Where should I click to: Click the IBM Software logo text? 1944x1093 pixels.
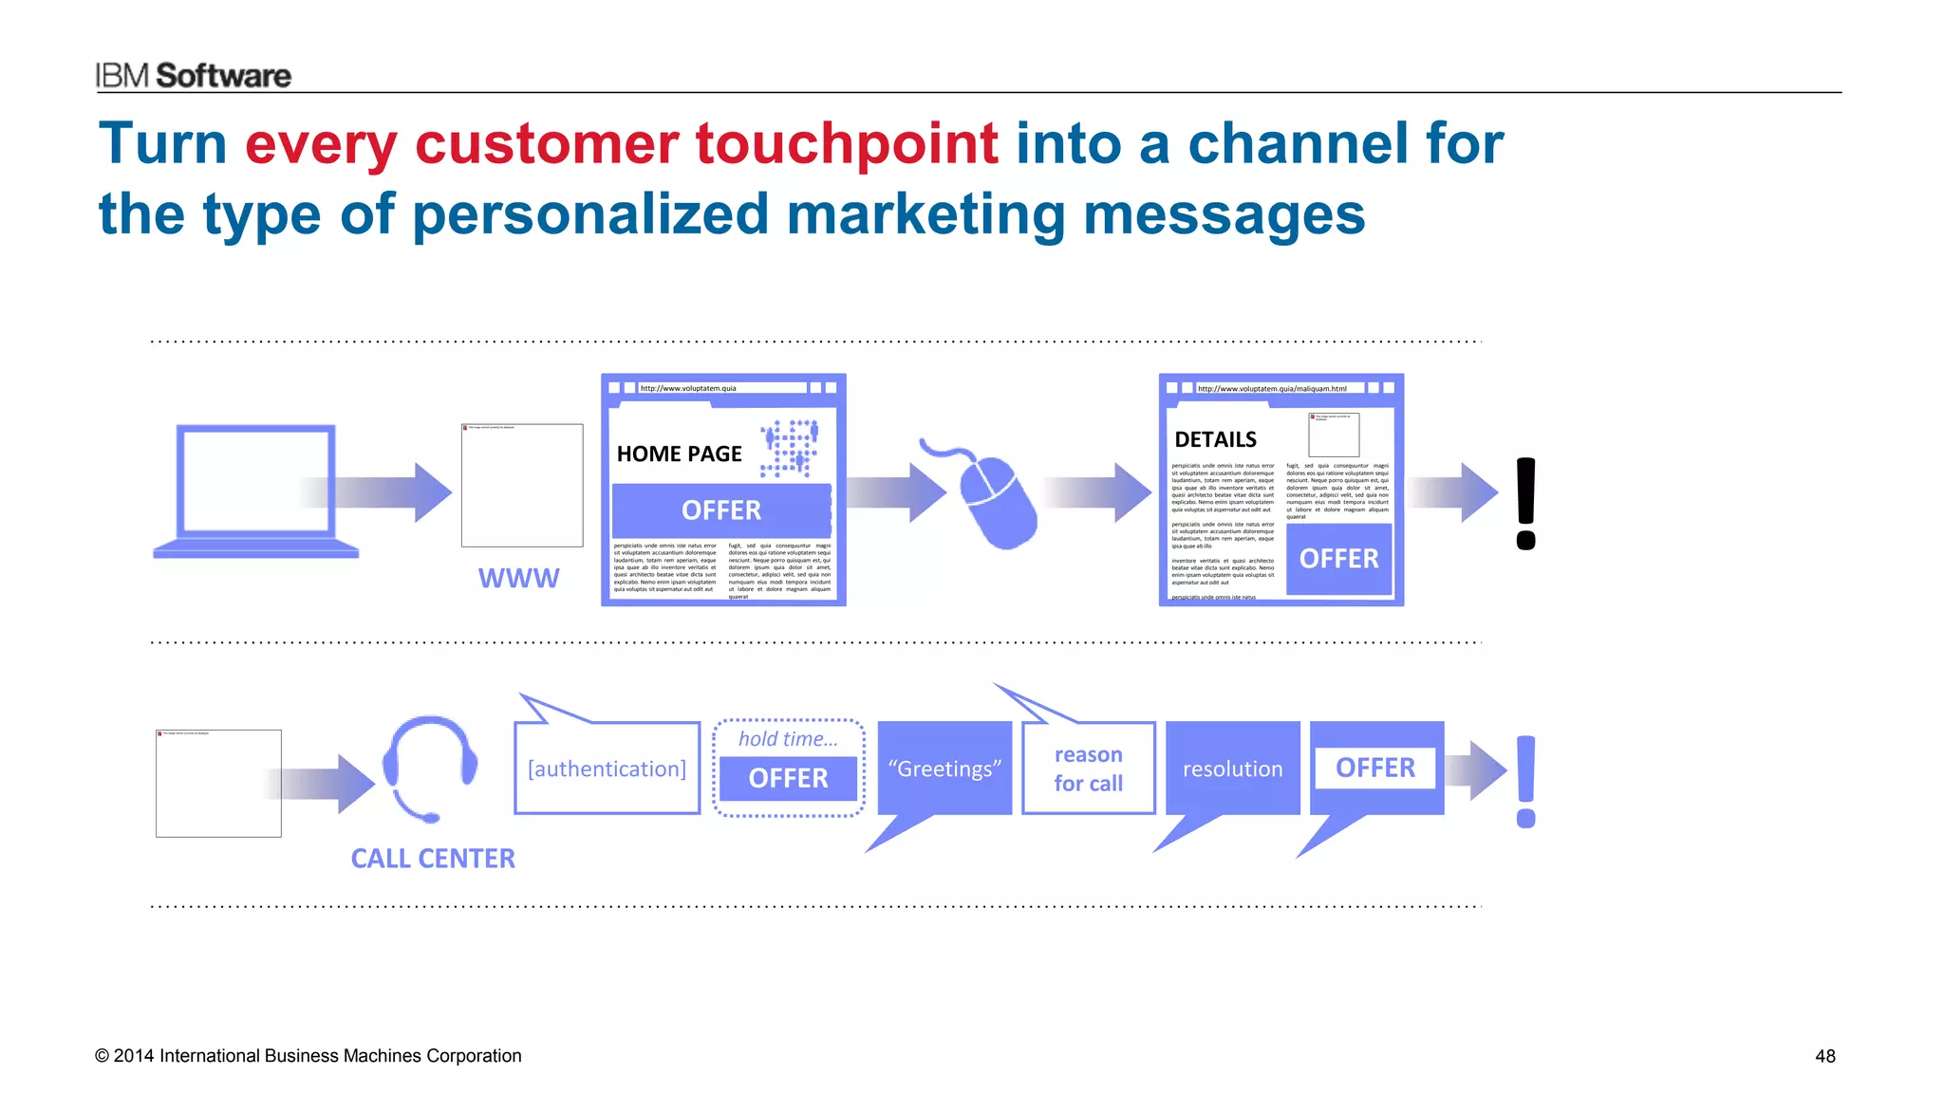[193, 75]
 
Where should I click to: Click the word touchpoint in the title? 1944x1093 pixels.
[846, 144]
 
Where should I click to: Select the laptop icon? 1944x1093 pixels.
[256, 491]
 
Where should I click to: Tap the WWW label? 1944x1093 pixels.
[518, 578]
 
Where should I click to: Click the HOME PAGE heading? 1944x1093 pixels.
[679, 454]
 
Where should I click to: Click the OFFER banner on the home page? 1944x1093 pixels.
[721, 510]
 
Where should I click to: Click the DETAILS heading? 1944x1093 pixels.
[1215, 439]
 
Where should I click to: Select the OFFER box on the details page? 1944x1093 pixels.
[1338, 559]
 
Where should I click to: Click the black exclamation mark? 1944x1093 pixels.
[1525, 503]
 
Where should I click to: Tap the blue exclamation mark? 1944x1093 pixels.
[1525, 781]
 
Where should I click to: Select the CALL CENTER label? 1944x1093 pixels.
[433, 859]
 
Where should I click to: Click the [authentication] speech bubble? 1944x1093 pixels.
[607, 769]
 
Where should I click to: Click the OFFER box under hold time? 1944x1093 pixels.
[788, 778]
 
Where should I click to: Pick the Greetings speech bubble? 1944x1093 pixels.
[944, 769]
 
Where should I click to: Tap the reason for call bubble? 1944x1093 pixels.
[1088, 769]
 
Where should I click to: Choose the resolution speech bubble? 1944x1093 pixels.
[1232, 769]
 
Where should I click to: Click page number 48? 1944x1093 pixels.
[1824, 1056]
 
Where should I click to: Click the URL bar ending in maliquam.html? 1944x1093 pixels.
[1277, 388]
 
